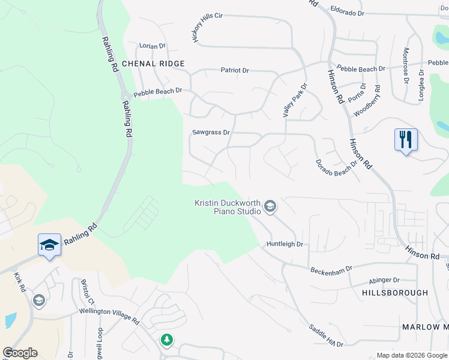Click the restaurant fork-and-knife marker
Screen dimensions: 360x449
click(406, 140)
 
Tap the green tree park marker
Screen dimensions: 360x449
click(166, 340)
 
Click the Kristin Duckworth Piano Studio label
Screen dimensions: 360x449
click(228, 207)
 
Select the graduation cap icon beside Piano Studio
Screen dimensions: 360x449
click(270, 207)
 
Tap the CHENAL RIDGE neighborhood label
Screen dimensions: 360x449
click(153, 63)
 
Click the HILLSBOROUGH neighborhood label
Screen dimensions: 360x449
click(395, 293)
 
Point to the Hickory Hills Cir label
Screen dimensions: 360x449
click(206, 27)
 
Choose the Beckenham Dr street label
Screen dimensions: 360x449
click(330, 271)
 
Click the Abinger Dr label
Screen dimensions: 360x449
click(384, 280)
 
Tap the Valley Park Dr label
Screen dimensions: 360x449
click(294, 100)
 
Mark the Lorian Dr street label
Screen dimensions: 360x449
click(152, 46)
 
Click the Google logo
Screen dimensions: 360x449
click(20, 353)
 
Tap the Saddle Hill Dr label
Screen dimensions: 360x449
click(325, 336)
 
